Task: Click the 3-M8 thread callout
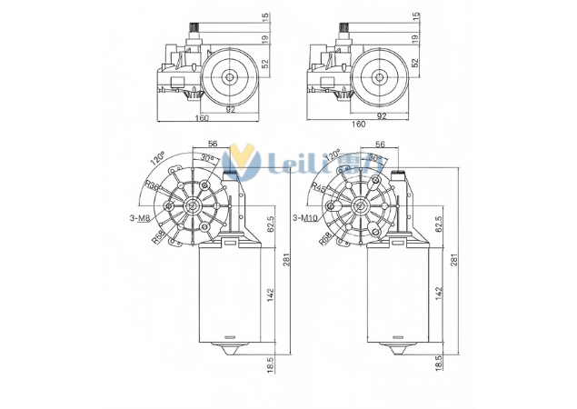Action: click(142, 217)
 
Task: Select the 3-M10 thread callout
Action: click(306, 218)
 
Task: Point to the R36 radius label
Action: click(150, 187)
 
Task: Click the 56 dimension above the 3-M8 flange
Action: click(212, 144)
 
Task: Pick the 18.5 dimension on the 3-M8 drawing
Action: click(271, 364)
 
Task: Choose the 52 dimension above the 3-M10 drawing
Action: click(415, 63)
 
